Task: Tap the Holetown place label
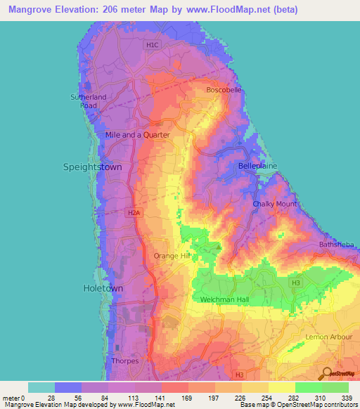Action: pos(103,288)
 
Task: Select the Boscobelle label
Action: pos(223,90)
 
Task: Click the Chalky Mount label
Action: pos(275,204)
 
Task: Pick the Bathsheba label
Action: pos(337,245)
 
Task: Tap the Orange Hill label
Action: pos(173,256)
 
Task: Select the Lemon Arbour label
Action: pos(329,337)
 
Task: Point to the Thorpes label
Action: pos(125,361)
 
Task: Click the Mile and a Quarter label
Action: pos(137,135)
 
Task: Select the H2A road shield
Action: pos(134,212)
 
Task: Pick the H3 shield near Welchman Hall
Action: pos(296,282)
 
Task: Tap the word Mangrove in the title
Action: pos(36,10)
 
